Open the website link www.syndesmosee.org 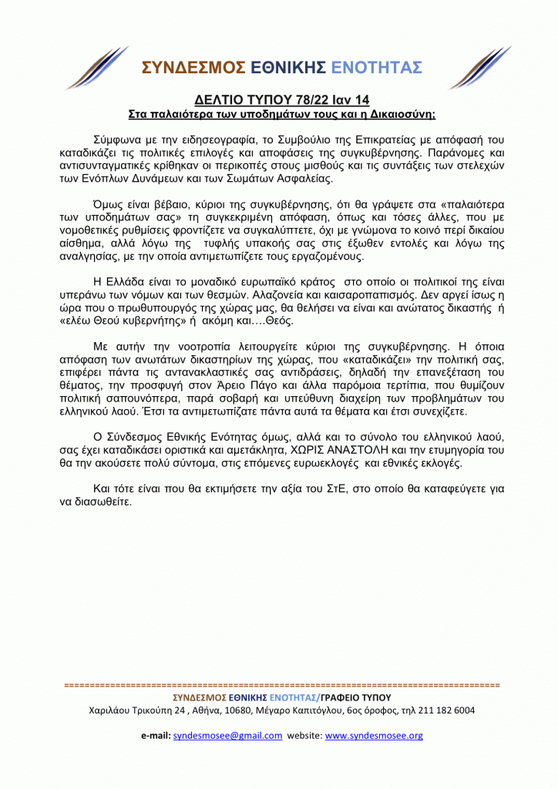(375, 736)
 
